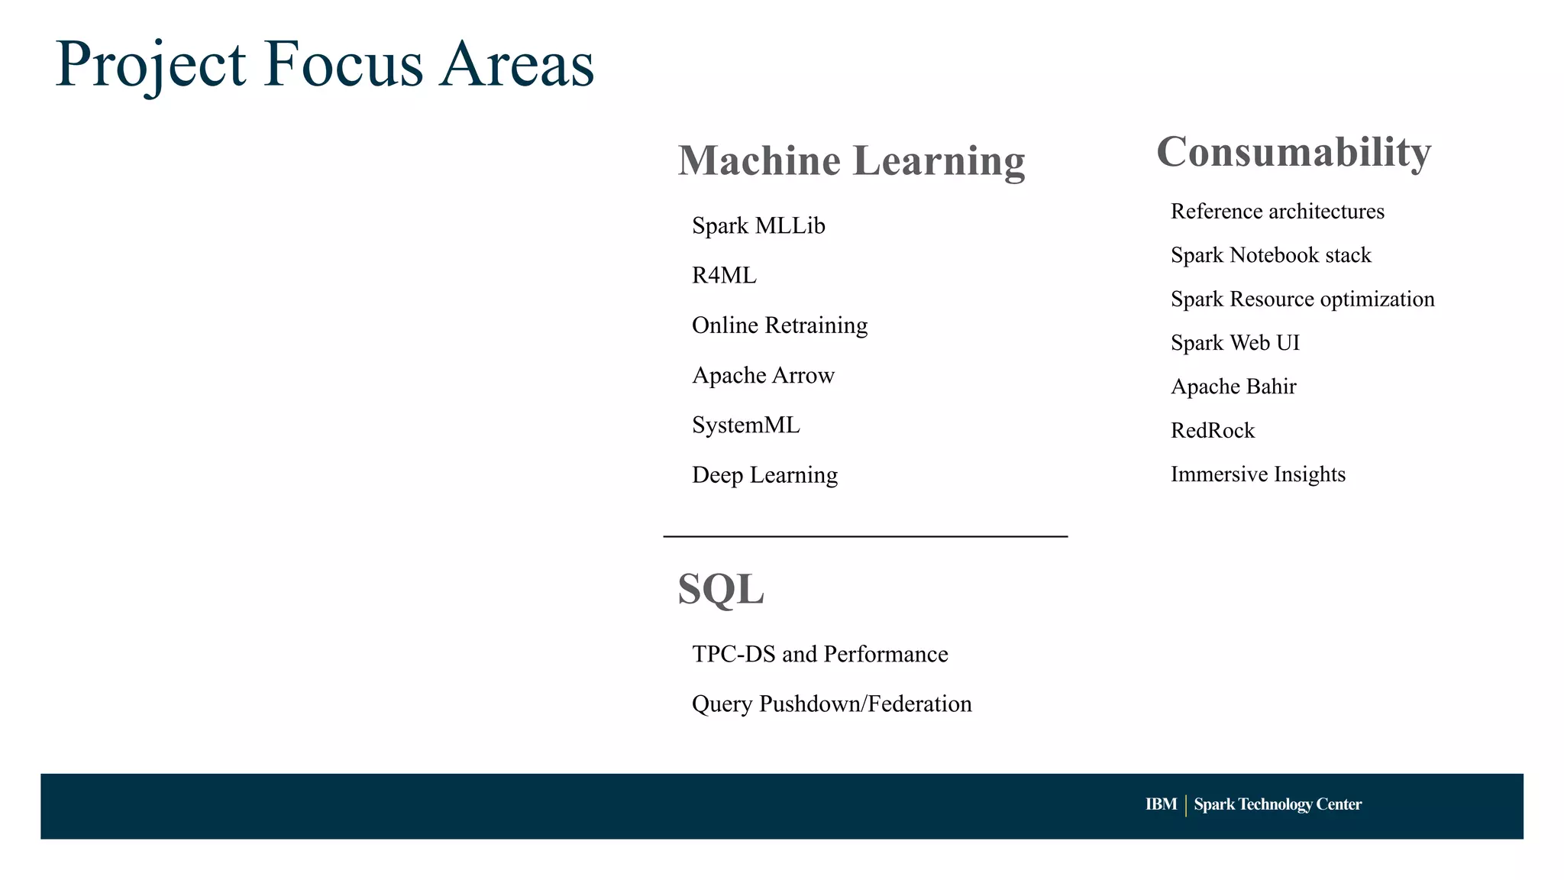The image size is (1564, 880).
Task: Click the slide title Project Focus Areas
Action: tap(325, 64)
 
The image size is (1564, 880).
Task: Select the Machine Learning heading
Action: tap(851, 161)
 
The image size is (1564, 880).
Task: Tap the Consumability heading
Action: tap(1294, 152)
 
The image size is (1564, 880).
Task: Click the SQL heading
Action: tap(720, 590)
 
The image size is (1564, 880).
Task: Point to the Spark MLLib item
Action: tap(758, 226)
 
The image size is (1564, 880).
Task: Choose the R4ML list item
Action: tap(724, 276)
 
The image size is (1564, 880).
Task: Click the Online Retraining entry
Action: tap(780, 325)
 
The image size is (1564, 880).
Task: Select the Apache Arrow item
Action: tap(763, 375)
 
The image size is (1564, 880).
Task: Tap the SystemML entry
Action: tap(745, 425)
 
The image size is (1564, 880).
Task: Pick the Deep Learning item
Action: tap(764, 475)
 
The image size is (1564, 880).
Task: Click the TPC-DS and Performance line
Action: tap(819, 654)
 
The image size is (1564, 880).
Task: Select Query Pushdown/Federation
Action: tap(832, 704)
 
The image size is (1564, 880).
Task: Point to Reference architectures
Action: tap(1277, 212)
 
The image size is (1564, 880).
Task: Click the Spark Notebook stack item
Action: tap(1271, 255)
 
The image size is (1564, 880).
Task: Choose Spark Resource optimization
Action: tap(1302, 299)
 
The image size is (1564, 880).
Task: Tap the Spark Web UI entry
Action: tap(1235, 343)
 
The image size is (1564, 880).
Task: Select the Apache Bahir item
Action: tap(1233, 387)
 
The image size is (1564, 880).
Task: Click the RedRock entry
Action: tap(1213, 431)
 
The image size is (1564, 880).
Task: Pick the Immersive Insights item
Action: tap(1258, 474)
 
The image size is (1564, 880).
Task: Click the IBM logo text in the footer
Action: tap(1161, 804)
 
